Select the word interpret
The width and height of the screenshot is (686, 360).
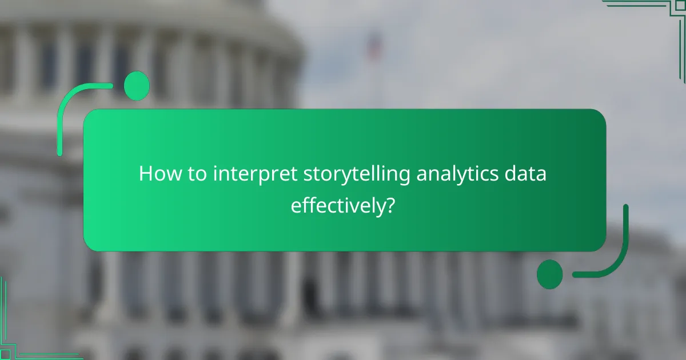[254, 175]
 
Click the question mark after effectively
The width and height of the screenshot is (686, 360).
[389, 205]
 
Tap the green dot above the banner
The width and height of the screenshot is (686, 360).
[137, 86]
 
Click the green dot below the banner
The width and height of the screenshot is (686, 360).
[550, 274]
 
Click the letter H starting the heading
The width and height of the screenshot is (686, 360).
[145, 174]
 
